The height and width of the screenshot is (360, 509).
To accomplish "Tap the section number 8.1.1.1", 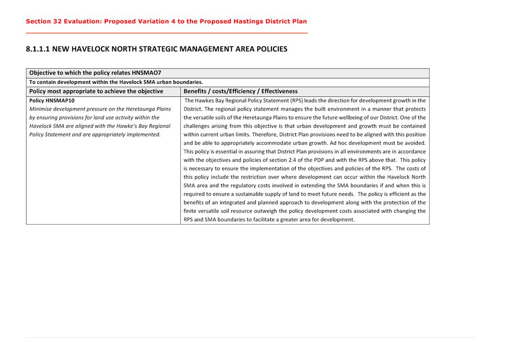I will pos(38,49).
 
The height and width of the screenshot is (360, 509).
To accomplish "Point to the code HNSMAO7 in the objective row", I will pos(146,73).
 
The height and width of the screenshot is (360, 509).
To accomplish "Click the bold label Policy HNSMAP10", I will pos(52,101).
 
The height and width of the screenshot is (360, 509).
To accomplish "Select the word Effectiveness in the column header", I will pos(280,91).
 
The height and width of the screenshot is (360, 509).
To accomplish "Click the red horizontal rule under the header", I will pos(167,33).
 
